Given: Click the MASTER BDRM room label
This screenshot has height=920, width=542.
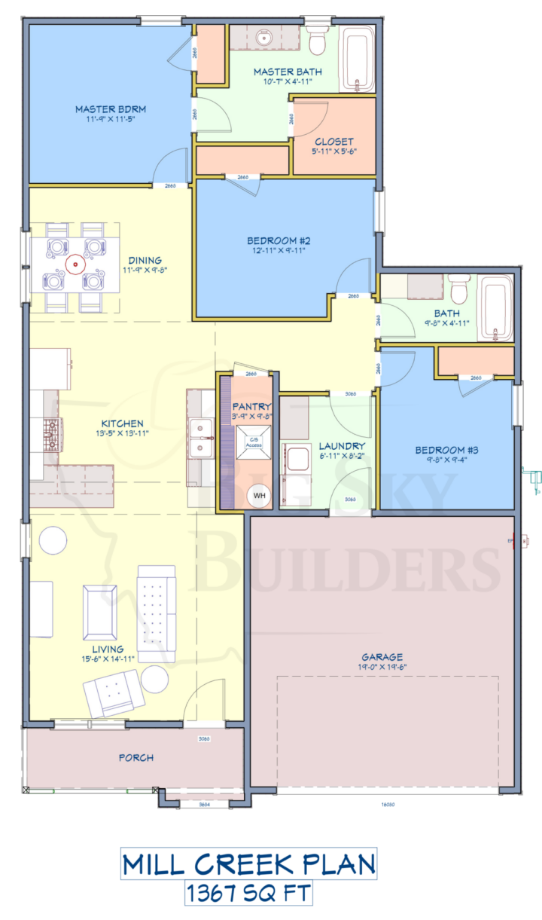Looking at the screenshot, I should [110, 109].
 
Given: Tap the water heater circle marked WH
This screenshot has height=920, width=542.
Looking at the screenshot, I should [259, 495].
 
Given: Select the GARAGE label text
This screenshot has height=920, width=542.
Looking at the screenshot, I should [382, 656].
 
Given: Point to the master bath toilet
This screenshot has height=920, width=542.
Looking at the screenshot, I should [317, 42].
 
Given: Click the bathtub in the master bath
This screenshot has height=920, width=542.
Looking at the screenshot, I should [358, 60].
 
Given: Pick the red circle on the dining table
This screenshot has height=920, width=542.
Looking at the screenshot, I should [75, 264].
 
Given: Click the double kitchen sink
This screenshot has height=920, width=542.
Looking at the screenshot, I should [201, 437].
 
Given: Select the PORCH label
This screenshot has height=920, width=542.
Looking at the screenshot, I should [136, 757].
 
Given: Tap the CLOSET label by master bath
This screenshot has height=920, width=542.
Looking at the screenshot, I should [333, 141].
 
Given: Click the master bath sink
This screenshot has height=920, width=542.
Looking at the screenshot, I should [263, 37].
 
